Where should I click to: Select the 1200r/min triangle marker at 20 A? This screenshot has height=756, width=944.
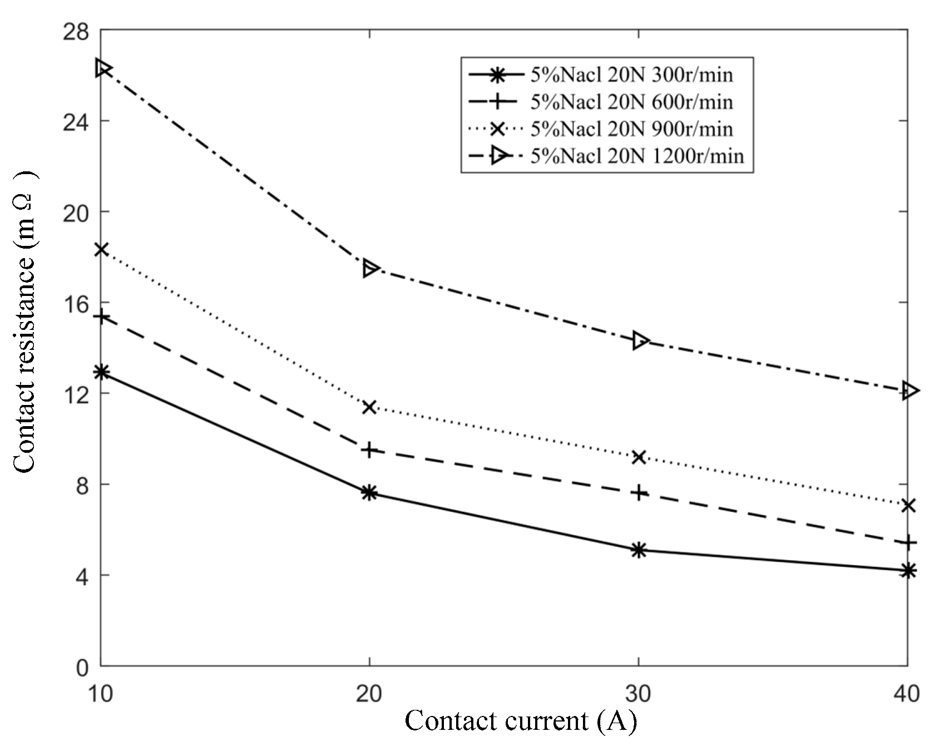(x=370, y=268)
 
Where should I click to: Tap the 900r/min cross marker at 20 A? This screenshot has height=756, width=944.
(x=369, y=407)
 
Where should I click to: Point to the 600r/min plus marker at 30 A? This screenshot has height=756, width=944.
(x=639, y=492)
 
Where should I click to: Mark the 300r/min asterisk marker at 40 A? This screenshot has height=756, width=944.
(x=907, y=570)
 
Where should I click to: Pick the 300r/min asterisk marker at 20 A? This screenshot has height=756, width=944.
(x=369, y=492)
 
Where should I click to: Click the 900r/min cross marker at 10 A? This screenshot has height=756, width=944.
(x=101, y=249)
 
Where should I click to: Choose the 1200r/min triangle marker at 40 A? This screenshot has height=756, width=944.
(x=909, y=391)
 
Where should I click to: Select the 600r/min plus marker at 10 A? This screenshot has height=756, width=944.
(x=101, y=317)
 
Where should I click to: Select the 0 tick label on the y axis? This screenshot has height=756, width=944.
(x=82, y=666)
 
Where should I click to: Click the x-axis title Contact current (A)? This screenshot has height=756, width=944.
(x=520, y=721)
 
